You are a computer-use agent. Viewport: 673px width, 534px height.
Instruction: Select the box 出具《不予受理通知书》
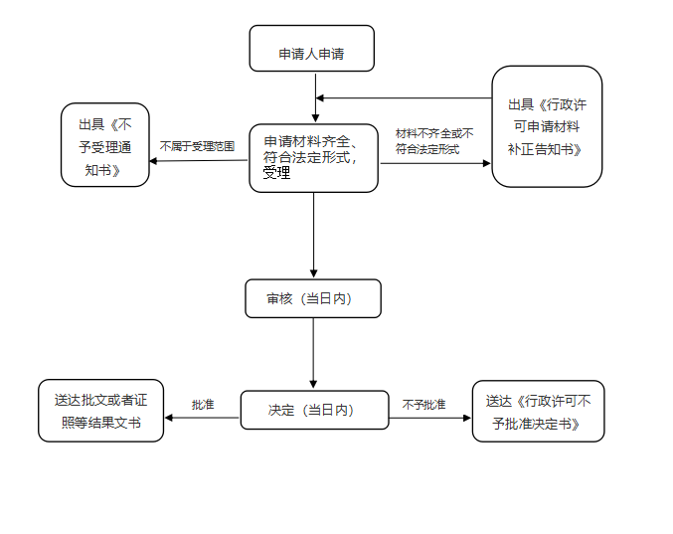[104, 144]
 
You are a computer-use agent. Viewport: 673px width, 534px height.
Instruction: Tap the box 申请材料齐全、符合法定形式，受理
[313, 157]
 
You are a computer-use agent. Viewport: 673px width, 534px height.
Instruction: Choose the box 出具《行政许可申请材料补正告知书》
[547, 126]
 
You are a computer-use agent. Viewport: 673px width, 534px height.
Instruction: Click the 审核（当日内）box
[313, 298]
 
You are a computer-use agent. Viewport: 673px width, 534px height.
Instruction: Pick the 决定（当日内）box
[314, 410]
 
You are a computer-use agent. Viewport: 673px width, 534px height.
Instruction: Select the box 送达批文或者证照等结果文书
[100, 411]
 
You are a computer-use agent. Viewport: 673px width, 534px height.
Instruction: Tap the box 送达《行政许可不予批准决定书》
[538, 411]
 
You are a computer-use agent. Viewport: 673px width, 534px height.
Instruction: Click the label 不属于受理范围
[197, 146]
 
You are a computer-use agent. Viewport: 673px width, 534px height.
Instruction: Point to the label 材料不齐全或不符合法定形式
[434, 141]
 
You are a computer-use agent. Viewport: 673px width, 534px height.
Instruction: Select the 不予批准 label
[423, 405]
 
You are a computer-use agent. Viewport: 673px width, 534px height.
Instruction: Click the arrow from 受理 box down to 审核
[314, 235]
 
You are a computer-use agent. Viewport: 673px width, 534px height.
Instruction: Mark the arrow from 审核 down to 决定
[314, 352]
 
